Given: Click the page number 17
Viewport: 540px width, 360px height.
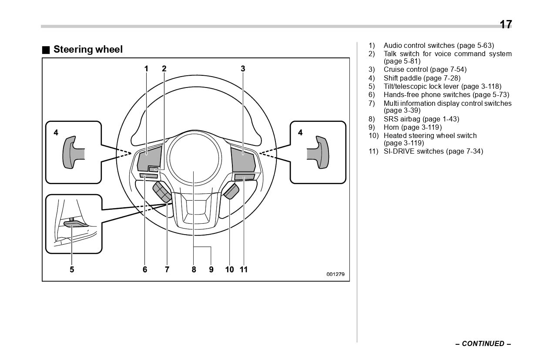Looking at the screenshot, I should (506, 24).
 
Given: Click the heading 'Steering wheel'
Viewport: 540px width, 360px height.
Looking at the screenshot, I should (88, 50).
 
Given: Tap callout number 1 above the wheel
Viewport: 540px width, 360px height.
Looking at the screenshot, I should (147, 68).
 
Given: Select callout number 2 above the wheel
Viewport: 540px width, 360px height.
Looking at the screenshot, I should (164, 68).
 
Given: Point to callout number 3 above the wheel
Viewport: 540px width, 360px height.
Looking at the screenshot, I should (243, 68).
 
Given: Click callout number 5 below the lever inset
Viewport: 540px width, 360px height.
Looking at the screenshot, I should (72, 269).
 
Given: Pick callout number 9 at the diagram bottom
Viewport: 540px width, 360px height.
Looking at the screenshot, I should (211, 269).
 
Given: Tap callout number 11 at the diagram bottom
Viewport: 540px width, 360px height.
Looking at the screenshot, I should (244, 269).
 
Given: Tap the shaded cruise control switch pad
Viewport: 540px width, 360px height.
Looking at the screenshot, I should (242, 160).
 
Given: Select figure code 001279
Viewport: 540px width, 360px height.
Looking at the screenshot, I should (335, 274).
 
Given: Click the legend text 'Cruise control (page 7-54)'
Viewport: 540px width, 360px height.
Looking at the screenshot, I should (425, 70).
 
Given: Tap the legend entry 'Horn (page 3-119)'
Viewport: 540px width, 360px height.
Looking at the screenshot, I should (413, 128).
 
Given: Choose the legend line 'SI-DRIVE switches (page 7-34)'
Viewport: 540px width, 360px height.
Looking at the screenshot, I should (433, 151).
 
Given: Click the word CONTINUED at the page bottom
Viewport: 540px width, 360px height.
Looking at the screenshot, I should (483, 344).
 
